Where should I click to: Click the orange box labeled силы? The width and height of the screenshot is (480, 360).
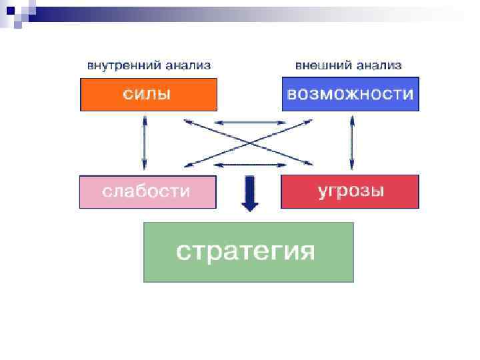[x=149, y=94]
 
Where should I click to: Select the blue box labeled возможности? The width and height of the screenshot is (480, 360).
[x=350, y=94]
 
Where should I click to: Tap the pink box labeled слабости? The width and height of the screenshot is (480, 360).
[x=148, y=192]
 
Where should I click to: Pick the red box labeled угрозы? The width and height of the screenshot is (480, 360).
[x=350, y=192]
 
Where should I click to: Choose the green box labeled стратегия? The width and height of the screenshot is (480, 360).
[x=249, y=252]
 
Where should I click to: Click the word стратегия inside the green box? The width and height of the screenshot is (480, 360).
[x=245, y=251]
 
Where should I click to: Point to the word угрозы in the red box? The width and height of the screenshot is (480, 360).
[x=351, y=191]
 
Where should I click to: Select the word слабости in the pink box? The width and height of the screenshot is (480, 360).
[x=146, y=191]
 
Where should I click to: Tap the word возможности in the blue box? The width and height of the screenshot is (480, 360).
[x=350, y=94]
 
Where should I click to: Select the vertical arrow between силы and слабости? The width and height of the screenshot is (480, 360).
[x=144, y=142]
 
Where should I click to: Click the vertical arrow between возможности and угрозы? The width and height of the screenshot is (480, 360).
[x=352, y=142]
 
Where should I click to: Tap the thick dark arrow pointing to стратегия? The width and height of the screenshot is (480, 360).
[x=249, y=193]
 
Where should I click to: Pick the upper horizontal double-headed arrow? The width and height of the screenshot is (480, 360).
[x=249, y=123]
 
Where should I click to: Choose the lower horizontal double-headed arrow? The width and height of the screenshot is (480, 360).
[x=249, y=164]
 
